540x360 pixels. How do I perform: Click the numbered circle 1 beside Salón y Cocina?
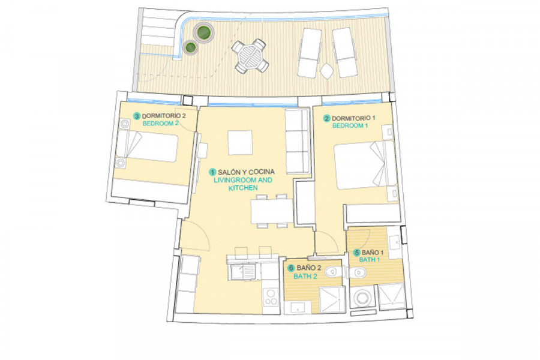click(x=213, y=172)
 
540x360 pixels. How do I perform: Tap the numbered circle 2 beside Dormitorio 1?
click(x=326, y=119)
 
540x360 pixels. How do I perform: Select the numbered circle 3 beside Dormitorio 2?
click(x=137, y=116)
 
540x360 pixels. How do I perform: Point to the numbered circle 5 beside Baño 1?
click(x=357, y=253)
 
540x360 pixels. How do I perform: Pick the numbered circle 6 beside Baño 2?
click(x=292, y=268)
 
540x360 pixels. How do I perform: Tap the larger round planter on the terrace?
click(x=203, y=33)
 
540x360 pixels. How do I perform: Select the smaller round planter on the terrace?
click(x=190, y=47)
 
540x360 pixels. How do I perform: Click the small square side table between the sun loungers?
click(x=326, y=71)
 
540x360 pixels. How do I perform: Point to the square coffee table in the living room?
click(x=240, y=143)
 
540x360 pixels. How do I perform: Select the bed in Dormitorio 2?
click(x=147, y=148)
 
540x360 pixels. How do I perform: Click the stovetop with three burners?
click(x=271, y=297)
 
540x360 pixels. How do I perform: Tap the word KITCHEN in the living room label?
click(x=243, y=188)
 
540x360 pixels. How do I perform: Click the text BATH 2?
click(x=305, y=276)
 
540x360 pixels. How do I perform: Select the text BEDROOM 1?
click(x=350, y=126)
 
